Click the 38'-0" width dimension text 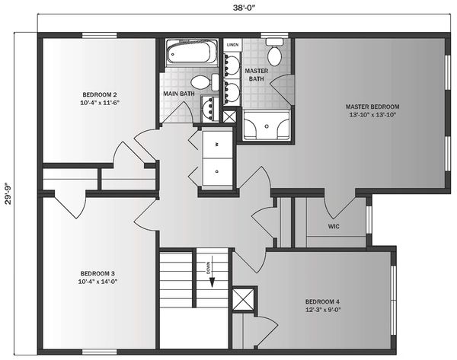[x=244, y=8]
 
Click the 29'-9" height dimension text [x=8, y=193]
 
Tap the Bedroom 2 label [x=100, y=98]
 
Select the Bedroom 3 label [x=97, y=277]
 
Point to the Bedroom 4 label [x=322, y=305]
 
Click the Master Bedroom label [x=372, y=110]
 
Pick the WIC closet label [x=334, y=226]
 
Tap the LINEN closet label [x=232, y=45]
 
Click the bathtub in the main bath [x=192, y=53]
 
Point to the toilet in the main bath [x=205, y=82]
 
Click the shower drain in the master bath [x=267, y=126]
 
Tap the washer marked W [x=217, y=145]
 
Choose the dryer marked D [x=217, y=171]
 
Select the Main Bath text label [x=179, y=94]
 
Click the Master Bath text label [x=257, y=75]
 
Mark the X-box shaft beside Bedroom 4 [x=244, y=299]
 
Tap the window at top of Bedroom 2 [x=99, y=36]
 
